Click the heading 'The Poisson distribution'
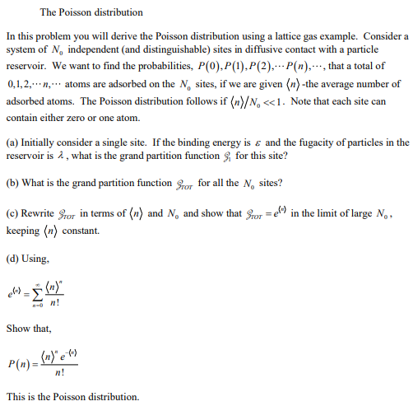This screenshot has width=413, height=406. pos(90,12)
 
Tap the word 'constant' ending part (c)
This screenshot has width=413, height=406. pos(91,231)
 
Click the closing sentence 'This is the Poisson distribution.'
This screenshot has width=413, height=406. pos(72,396)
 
